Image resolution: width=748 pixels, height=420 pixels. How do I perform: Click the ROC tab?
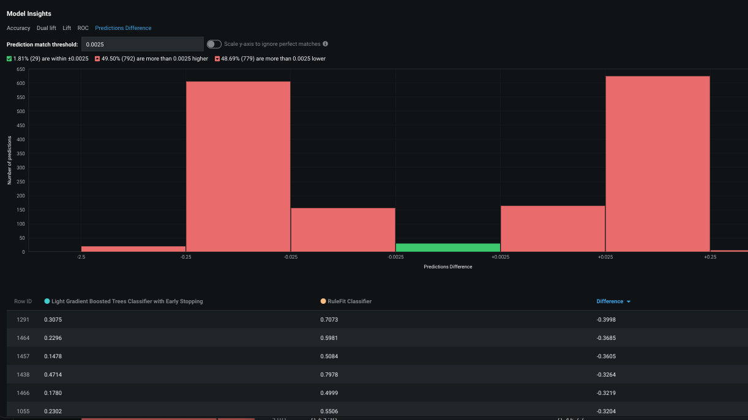click(x=83, y=28)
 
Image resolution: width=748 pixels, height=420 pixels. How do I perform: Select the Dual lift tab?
click(x=47, y=28)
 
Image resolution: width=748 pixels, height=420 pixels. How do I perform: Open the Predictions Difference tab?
click(x=123, y=28)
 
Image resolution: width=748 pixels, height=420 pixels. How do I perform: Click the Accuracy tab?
click(x=18, y=28)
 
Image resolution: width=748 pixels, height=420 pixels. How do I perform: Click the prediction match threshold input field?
click(x=142, y=44)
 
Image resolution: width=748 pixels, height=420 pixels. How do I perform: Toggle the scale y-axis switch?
click(x=214, y=44)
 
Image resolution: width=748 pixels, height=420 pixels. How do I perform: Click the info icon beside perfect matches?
click(x=325, y=44)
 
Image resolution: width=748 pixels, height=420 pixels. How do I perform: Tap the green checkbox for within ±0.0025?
click(x=9, y=59)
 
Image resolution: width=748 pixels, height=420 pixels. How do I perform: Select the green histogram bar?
click(x=448, y=247)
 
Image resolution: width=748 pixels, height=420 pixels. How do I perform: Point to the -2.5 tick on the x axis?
click(x=81, y=257)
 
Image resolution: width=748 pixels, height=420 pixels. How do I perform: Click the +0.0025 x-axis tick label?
click(x=500, y=257)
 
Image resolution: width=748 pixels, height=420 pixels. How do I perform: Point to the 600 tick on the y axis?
click(x=20, y=83)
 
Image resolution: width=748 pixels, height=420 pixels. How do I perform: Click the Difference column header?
click(x=610, y=301)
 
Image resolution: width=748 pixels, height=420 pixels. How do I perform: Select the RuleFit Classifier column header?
click(x=349, y=301)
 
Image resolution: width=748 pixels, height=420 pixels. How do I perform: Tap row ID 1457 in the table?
click(x=23, y=356)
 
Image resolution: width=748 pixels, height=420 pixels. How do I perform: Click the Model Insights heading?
click(x=29, y=13)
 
